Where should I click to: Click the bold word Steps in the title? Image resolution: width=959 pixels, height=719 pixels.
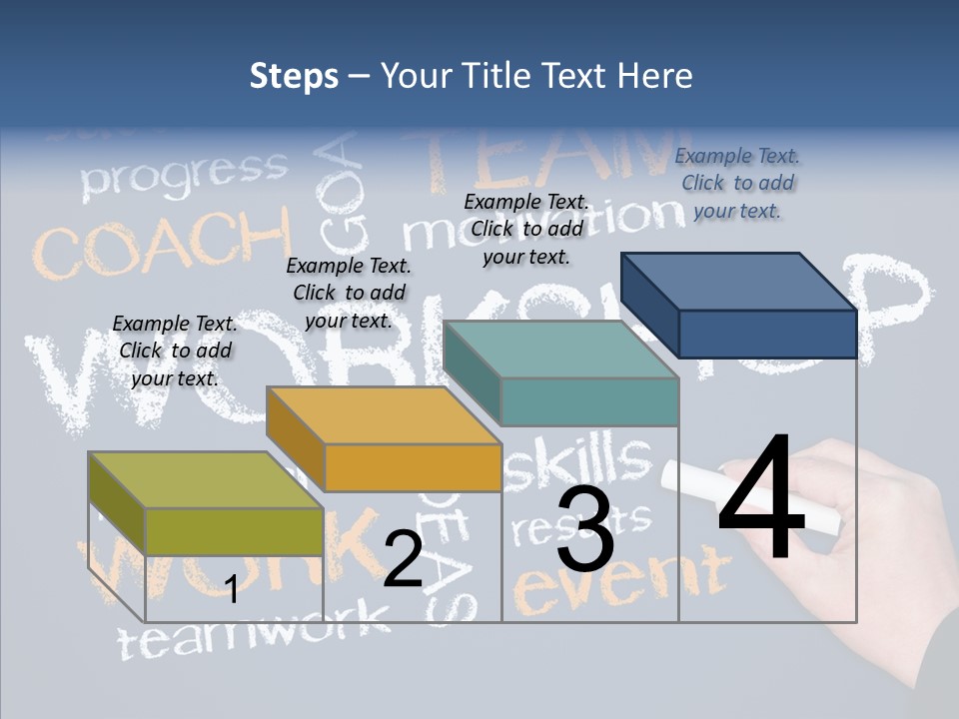[x=294, y=76]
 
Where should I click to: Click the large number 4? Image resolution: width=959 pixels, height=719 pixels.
[x=761, y=499]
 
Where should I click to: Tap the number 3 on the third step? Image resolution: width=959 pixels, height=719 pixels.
[x=585, y=529]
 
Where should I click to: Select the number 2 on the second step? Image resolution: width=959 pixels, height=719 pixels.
[x=403, y=559]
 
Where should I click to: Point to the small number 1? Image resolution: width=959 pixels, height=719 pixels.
[x=232, y=589]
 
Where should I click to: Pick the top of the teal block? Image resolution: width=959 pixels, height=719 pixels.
[x=560, y=350]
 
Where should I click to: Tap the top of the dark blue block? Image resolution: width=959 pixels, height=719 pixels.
[x=739, y=281]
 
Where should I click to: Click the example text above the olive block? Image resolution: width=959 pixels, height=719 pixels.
[x=175, y=351]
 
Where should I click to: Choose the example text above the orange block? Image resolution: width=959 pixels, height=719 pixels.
[x=349, y=293]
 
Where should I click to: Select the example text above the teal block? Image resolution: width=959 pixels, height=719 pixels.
[x=526, y=229]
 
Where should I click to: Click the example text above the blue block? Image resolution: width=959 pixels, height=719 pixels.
[x=737, y=183]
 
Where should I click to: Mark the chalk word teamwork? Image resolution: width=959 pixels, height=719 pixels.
[x=255, y=631]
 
